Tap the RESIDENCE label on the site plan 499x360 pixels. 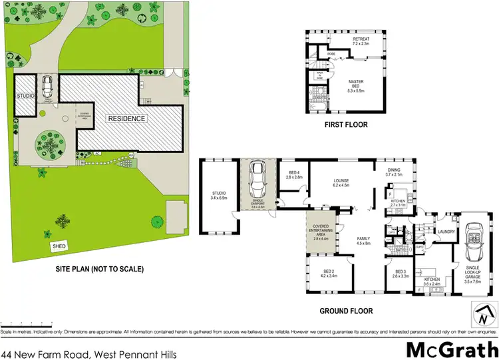coord(126,118)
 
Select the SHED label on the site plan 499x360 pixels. coord(60,247)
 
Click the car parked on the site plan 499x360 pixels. coord(47,87)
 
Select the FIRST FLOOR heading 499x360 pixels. coord(345,124)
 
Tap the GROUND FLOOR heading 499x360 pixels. coord(345,311)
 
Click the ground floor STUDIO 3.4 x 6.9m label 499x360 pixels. coord(219,196)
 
